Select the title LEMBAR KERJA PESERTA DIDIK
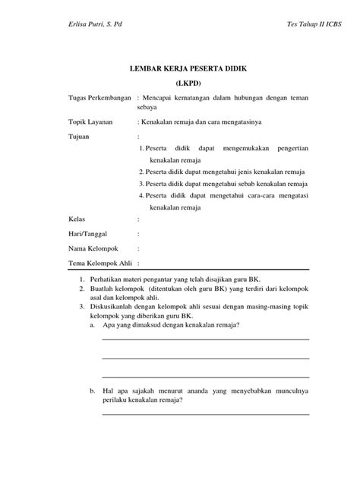[x=180, y=68]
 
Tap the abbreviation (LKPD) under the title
[x=180, y=83]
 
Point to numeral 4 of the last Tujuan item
[x=141, y=196]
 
